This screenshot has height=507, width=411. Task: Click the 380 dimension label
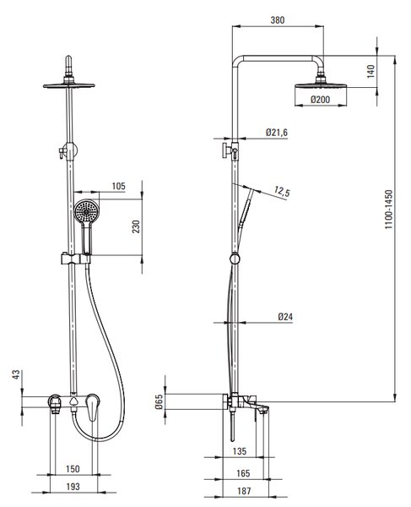pyautogui.click(x=278, y=20)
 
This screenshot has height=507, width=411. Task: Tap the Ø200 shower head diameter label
pyautogui.click(x=321, y=100)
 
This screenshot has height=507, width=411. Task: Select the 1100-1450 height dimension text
pyautogui.click(x=389, y=210)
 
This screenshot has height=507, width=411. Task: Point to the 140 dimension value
pyautogui.click(x=371, y=71)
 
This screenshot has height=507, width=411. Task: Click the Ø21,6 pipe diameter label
pyautogui.click(x=277, y=133)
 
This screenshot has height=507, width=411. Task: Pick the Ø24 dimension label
pyautogui.click(x=285, y=317)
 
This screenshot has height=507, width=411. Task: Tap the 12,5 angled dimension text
pyautogui.click(x=282, y=191)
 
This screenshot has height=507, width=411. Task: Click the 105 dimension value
pyautogui.click(x=118, y=186)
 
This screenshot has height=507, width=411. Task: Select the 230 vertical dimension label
pyautogui.click(x=136, y=226)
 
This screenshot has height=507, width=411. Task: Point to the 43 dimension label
pyautogui.click(x=16, y=374)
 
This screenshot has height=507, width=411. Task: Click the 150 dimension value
pyautogui.click(x=73, y=469)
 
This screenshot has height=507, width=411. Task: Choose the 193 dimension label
pyautogui.click(x=73, y=487)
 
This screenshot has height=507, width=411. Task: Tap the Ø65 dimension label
pyautogui.click(x=159, y=402)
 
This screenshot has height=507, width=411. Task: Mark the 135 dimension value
pyautogui.click(x=240, y=451)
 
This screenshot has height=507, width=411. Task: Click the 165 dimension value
pyautogui.click(x=243, y=473)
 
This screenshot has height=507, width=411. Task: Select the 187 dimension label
pyautogui.click(x=244, y=491)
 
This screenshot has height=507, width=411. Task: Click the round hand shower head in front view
pyautogui.click(x=86, y=211)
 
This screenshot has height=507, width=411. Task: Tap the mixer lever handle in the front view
pyautogui.click(x=93, y=408)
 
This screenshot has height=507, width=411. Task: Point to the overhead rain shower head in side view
pyautogui.click(x=321, y=85)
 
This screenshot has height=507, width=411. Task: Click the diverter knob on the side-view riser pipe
pyautogui.click(x=224, y=150)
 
